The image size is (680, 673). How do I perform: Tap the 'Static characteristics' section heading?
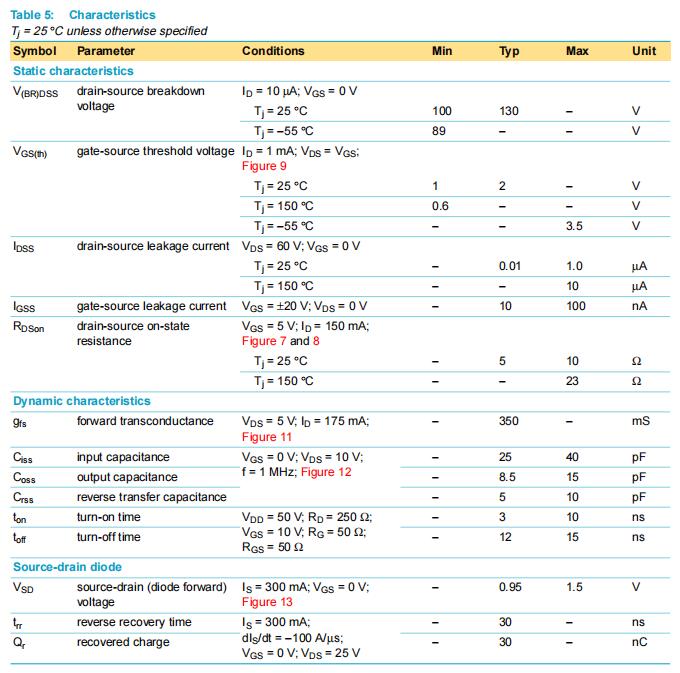click(73, 71)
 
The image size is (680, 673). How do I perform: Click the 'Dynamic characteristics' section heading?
click(82, 401)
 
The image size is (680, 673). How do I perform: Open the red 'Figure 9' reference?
click(264, 166)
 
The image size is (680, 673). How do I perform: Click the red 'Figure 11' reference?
click(267, 437)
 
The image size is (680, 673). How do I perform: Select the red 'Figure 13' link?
click(267, 602)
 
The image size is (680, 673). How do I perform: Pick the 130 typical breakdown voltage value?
click(509, 111)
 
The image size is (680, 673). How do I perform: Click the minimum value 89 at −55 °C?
click(439, 131)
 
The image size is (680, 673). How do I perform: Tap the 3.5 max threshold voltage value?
click(574, 226)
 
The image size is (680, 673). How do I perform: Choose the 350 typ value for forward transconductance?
click(509, 421)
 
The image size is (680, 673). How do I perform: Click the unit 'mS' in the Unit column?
click(640, 421)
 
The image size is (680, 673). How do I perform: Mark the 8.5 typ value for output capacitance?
click(508, 477)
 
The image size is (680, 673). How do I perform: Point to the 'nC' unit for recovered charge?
click(640, 642)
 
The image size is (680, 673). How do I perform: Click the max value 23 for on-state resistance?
click(573, 381)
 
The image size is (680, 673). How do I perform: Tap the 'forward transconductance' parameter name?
click(145, 421)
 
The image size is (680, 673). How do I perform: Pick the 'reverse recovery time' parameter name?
click(134, 622)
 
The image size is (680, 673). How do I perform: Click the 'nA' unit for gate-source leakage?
click(640, 306)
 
